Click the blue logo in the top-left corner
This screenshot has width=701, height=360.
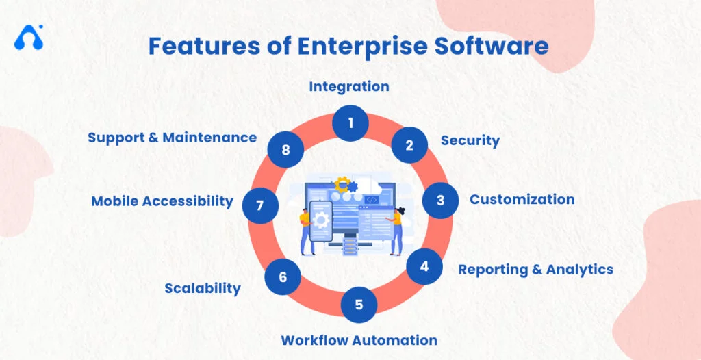click(29, 37)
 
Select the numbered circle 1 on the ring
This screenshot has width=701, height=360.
click(350, 123)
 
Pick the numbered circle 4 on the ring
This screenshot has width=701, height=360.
click(424, 267)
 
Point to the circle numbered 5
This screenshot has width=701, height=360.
click(359, 304)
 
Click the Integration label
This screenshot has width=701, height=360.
click(349, 86)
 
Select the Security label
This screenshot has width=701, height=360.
click(470, 140)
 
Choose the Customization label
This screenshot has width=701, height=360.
click(522, 199)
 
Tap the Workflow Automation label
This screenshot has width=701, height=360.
click(359, 339)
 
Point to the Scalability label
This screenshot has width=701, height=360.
click(203, 288)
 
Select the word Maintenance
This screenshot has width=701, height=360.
click(212, 137)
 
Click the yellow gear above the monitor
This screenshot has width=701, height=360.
click(341, 183)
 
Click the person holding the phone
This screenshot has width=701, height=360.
click(305, 229)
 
